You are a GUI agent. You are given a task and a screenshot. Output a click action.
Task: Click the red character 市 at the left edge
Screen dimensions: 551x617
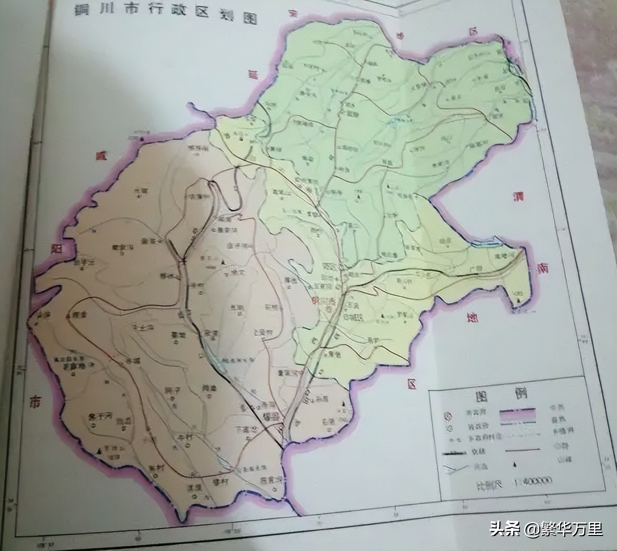(34, 402)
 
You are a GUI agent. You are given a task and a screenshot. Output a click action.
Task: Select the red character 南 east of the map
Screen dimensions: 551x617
(543, 268)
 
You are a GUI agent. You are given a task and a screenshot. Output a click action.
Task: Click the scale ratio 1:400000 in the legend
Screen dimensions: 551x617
(533, 482)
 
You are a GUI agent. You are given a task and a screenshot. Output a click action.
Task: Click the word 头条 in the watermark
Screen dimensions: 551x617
(504, 529)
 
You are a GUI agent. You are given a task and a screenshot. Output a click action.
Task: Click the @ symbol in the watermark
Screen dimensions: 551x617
(531, 529)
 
